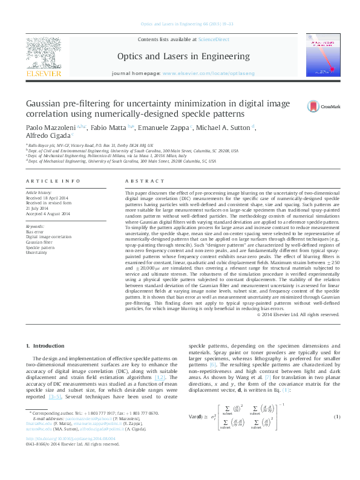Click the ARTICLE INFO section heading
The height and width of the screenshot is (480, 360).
[53, 181]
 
